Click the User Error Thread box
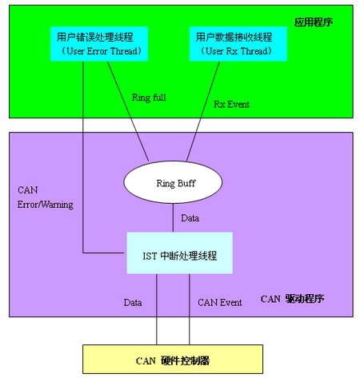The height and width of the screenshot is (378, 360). tap(99, 44)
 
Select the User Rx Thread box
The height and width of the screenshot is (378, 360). tap(238, 44)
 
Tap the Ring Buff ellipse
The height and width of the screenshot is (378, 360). tap(173, 182)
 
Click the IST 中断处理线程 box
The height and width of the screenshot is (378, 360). tap(179, 253)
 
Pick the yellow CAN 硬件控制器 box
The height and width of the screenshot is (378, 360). tap(173, 359)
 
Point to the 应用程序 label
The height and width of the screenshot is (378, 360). tap(314, 22)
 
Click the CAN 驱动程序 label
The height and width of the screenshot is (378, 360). tap(292, 299)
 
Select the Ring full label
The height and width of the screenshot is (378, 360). tap(149, 97)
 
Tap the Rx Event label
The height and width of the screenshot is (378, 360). tap(231, 105)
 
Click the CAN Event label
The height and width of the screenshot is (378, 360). tap(220, 303)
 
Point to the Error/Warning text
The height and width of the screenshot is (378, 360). tap(46, 205)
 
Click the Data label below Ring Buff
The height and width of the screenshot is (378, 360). tap(190, 218)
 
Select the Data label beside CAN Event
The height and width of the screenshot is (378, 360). tap(133, 303)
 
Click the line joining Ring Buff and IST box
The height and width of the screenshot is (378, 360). tap(173, 218)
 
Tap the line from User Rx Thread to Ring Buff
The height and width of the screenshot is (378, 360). tap(203, 111)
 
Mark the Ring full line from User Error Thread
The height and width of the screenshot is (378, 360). tap(128, 111)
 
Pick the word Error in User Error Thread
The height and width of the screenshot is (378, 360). tap(97, 51)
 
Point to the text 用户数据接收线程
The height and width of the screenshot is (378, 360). tap(234, 37)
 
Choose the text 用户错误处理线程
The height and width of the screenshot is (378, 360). tap(95, 37)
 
